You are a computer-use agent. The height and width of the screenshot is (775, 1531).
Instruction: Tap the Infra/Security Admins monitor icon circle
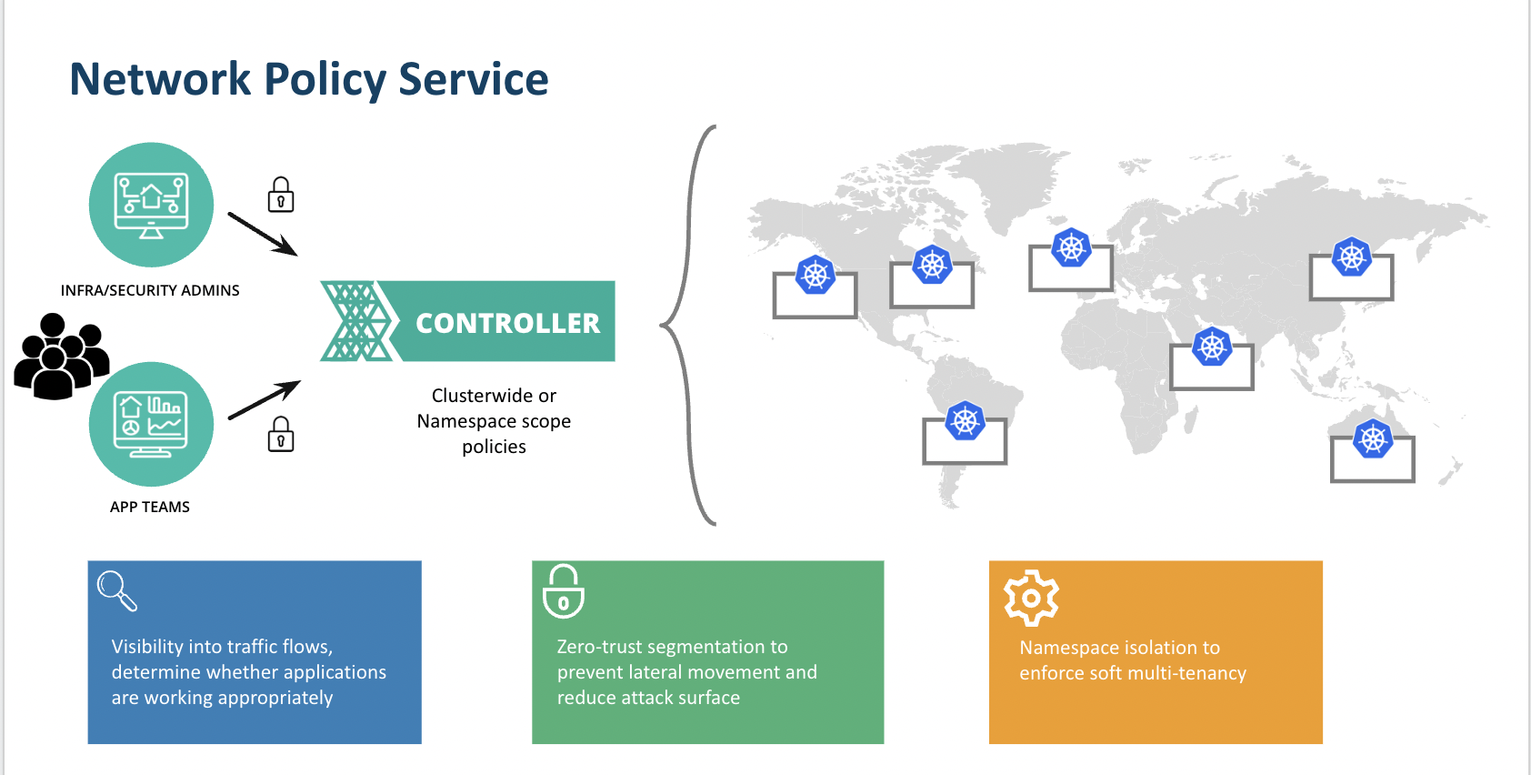[x=151, y=205]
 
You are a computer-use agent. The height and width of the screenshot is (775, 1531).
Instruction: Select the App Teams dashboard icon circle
[x=151, y=424]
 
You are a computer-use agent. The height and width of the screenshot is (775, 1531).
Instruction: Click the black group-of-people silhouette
[x=60, y=356]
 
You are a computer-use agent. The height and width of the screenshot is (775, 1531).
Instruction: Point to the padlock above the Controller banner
[x=280, y=195]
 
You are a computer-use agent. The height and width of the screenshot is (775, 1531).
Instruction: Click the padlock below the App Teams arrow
[x=280, y=434]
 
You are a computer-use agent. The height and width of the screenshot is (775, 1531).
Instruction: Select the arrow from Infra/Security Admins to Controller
[x=263, y=234]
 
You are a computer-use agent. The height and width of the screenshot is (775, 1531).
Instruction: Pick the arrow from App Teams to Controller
[x=264, y=399]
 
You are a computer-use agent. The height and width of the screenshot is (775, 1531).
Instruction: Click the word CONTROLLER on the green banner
[x=507, y=324]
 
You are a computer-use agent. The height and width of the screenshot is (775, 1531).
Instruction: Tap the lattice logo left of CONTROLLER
[x=356, y=321]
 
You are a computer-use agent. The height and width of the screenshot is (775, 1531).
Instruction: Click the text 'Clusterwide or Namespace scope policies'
[x=494, y=420]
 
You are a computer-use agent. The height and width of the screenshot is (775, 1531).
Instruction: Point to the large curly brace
[x=687, y=325]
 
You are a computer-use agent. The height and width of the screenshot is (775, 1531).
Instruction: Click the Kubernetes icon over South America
[x=965, y=420]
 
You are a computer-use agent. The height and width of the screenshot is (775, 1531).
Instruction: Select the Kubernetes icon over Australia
[x=1373, y=438]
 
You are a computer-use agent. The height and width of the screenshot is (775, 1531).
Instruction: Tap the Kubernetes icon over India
[x=1212, y=347]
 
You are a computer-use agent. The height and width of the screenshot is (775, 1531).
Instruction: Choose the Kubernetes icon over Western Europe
[x=1071, y=247]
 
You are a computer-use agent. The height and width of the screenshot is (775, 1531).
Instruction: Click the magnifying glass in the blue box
[x=117, y=590]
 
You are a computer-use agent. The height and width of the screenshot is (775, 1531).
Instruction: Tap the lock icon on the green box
[x=563, y=591]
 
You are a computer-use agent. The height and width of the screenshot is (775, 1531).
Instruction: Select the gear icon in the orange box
[x=1031, y=598]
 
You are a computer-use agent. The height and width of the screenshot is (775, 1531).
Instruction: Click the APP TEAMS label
[x=150, y=507]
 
